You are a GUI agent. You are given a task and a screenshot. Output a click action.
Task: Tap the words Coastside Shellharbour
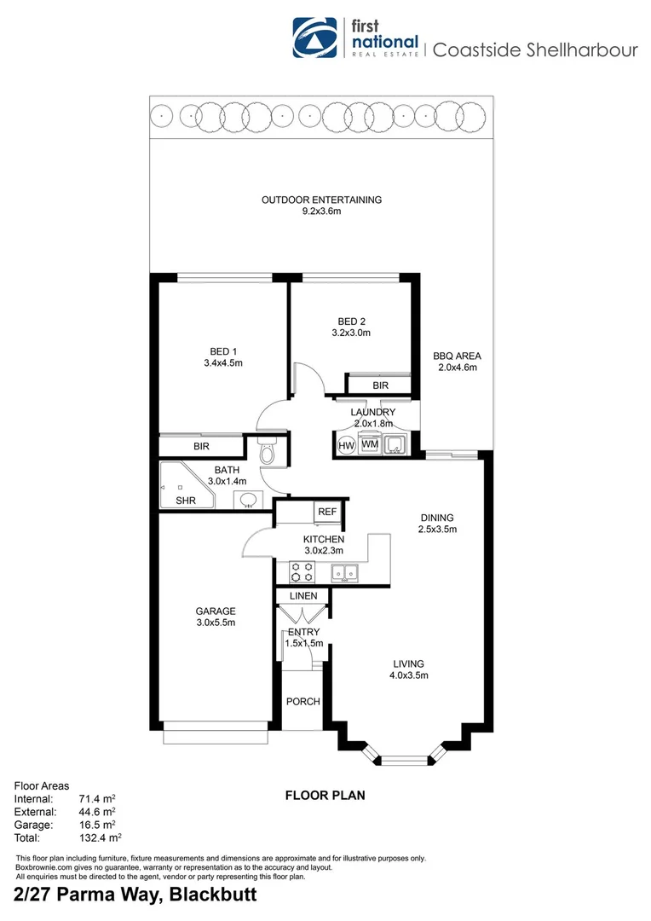pyautogui.click(x=535, y=49)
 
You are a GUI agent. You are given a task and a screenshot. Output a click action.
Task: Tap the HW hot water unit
pyautogui.click(x=346, y=445)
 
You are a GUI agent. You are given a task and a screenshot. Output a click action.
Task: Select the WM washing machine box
pyautogui.click(x=370, y=444)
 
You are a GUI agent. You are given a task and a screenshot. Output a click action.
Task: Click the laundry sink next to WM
pyautogui.click(x=395, y=444)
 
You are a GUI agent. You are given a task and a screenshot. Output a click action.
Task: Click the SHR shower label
pyautogui.click(x=185, y=501)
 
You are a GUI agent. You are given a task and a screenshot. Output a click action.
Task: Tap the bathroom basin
pyautogui.click(x=249, y=500)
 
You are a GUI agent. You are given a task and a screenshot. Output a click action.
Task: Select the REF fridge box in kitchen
pyautogui.click(x=326, y=512)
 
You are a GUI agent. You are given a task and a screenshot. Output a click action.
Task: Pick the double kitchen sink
pyautogui.click(x=344, y=573)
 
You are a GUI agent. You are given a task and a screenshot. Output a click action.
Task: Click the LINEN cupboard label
pyautogui.click(x=303, y=595)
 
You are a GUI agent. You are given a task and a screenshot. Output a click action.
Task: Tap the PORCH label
pyautogui.click(x=302, y=702)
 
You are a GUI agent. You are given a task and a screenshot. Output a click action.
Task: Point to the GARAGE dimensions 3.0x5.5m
pyautogui.click(x=215, y=623)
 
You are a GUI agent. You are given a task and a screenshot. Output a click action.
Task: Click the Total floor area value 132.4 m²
pyautogui.click(x=97, y=838)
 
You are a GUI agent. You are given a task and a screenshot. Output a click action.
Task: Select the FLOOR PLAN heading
pyautogui.click(x=325, y=796)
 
